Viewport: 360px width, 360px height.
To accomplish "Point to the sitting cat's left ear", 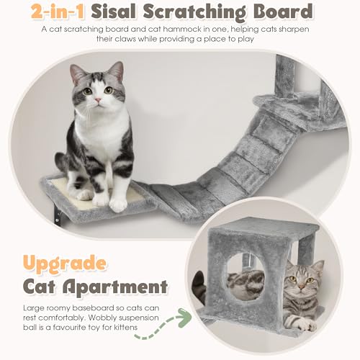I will coord(77,73).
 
